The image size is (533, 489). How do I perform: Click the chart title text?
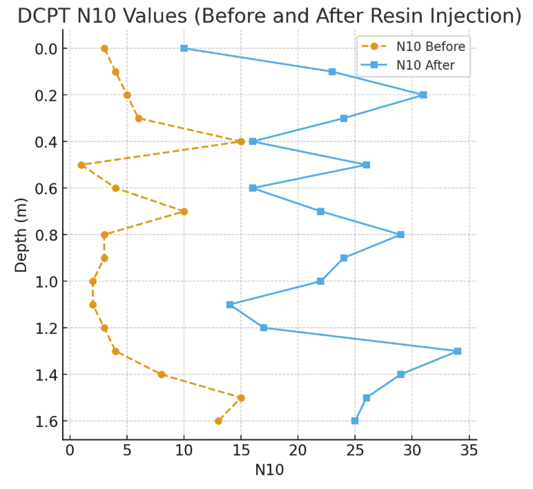(269, 15)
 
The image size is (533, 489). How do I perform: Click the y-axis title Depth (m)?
(21, 234)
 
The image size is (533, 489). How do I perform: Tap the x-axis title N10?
(269, 470)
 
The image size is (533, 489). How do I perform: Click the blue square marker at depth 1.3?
(458, 351)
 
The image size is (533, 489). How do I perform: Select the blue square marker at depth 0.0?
(184, 48)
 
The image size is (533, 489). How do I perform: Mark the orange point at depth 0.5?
(81, 165)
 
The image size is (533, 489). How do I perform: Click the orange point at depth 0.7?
(184, 212)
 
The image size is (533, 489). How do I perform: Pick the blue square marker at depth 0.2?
(423, 94)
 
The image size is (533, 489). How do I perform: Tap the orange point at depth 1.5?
(241, 397)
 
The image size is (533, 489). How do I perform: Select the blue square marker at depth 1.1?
(230, 304)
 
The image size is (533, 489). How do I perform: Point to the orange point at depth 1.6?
(218, 421)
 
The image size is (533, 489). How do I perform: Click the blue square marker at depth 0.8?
(400, 234)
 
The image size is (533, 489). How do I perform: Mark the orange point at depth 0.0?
(104, 48)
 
